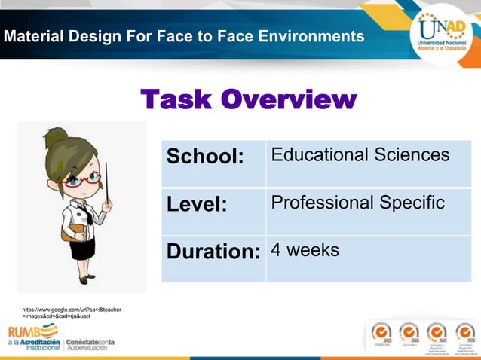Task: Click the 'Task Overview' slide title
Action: tap(248, 99)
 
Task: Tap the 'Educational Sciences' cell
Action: tap(360, 156)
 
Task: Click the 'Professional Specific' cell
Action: tap(357, 203)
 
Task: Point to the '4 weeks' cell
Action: tap(305, 250)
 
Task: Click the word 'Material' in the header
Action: tap(33, 36)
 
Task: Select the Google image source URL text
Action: tap(72, 313)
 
